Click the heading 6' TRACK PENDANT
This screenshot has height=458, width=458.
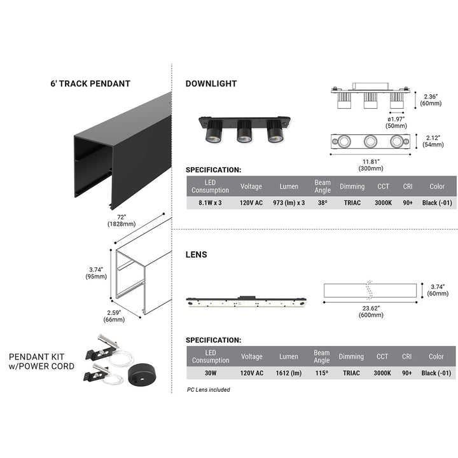tap(90, 83)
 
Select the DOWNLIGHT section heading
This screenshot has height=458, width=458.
tap(211, 83)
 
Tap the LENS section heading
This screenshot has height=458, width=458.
tap(196, 254)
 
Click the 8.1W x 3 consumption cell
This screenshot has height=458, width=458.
tap(210, 203)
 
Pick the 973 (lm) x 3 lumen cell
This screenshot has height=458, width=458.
tap(288, 203)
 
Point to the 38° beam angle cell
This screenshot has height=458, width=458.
tap(323, 203)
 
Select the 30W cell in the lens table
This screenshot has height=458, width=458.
tap(210, 373)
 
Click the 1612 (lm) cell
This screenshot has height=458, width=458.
tap(288, 373)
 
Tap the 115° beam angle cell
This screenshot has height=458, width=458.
tap(322, 373)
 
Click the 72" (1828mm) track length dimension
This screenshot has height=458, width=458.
tap(121, 221)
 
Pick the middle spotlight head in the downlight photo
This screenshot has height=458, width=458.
tap(244, 131)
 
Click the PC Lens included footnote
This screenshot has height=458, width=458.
tap(209, 389)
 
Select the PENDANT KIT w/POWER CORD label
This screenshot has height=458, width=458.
tap(41, 361)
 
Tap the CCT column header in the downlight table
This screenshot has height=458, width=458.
tap(382, 186)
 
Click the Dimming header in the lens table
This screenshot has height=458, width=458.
tap(351, 357)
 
